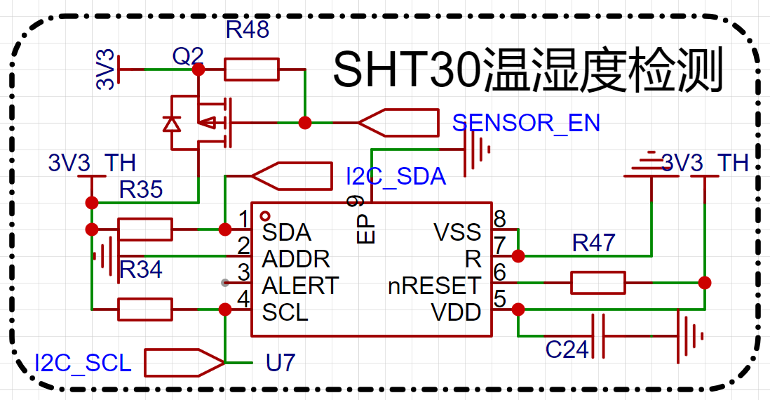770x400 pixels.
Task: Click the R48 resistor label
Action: click(x=248, y=29)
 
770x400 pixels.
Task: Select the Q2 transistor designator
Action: click(x=187, y=57)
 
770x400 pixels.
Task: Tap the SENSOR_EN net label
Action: click(x=526, y=123)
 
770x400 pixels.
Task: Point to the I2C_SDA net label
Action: click(x=396, y=176)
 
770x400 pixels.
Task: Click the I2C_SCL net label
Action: click(x=83, y=363)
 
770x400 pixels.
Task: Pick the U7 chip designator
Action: click(x=281, y=363)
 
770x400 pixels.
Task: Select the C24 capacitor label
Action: click(x=567, y=350)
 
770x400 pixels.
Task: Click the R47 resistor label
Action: click(x=594, y=243)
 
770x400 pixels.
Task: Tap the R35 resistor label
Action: click(x=141, y=189)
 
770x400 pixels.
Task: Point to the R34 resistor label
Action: click(x=141, y=269)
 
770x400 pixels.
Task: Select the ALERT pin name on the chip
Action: click(x=301, y=286)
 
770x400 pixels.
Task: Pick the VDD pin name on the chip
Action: click(x=457, y=312)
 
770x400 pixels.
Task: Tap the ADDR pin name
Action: click(x=296, y=259)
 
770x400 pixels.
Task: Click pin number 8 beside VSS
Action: click(x=500, y=219)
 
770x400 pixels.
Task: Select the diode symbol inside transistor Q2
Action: click(x=171, y=124)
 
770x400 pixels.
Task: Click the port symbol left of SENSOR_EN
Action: click(x=398, y=123)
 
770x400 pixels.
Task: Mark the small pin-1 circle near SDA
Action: click(x=265, y=215)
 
